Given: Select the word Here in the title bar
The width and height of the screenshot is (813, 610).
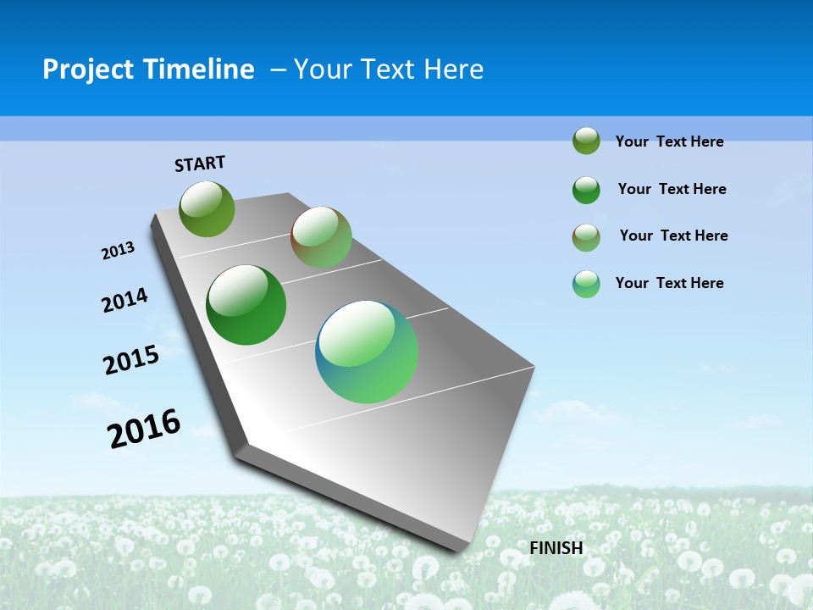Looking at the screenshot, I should [x=453, y=69].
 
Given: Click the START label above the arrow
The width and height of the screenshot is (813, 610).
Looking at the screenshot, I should [x=200, y=164].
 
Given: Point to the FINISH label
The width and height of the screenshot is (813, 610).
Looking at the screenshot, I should [x=556, y=548].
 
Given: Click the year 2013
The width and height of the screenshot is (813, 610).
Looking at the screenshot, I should [x=118, y=251].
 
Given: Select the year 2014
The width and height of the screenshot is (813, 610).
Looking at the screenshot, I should [x=124, y=300].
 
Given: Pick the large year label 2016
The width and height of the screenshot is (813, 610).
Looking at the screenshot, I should [x=144, y=429].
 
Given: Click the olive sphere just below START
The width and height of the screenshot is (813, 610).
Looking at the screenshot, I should [x=207, y=208].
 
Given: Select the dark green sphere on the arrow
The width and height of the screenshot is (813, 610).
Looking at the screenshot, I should [x=246, y=305].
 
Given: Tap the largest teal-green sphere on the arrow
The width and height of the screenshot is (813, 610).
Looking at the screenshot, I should [x=367, y=352].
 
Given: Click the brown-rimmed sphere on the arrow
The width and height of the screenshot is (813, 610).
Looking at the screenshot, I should [x=321, y=237].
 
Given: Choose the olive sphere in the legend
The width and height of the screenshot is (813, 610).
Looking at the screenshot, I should [x=586, y=141].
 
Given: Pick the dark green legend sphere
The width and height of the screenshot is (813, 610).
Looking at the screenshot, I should [x=586, y=190].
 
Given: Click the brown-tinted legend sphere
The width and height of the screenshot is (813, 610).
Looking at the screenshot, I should [x=586, y=237].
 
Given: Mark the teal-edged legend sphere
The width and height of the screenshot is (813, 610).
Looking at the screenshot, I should [x=586, y=284].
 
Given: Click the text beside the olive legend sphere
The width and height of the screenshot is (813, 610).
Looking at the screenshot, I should [x=669, y=142].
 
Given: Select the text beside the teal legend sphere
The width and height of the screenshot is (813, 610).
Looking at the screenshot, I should [x=669, y=283].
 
